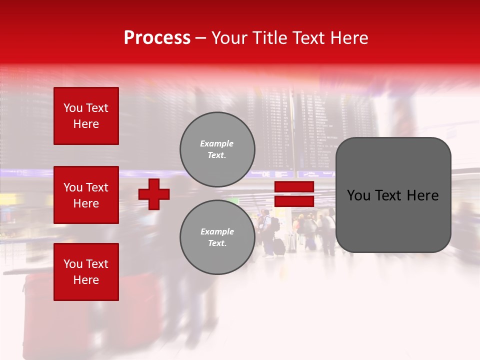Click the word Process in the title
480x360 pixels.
[x=157, y=38]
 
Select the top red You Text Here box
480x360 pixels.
[x=86, y=116]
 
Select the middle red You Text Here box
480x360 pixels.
[x=86, y=195]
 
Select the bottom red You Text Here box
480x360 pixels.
[x=86, y=272]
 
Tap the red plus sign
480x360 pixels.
[x=154, y=194]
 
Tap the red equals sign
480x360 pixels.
[x=294, y=194]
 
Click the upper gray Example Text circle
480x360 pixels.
[x=217, y=149]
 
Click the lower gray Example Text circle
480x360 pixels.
[x=217, y=237]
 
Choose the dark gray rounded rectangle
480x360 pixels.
[x=393, y=195]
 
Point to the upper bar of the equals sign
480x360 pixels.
[x=294, y=187]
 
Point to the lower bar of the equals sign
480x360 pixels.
[x=294, y=201]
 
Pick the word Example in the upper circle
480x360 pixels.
[x=216, y=143]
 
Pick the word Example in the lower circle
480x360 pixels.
[x=217, y=231]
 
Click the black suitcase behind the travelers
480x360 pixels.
[x=279, y=246]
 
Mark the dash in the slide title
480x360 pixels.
[x=201, y=38]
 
